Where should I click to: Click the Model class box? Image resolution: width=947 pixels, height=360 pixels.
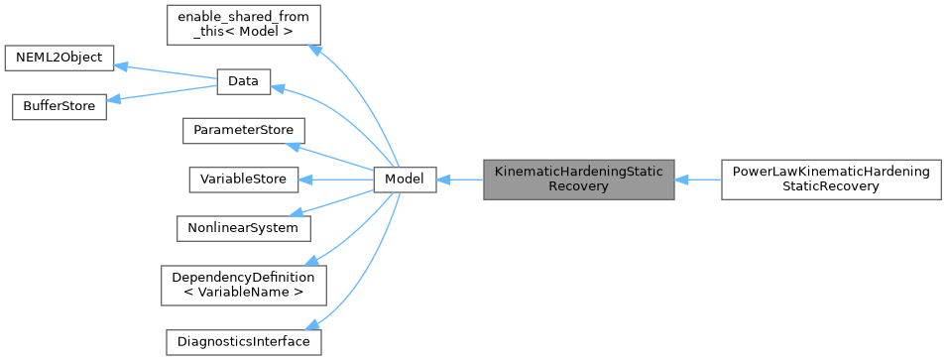405,180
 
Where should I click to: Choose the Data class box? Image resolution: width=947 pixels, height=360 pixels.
243,82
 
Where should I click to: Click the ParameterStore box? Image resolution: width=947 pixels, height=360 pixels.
243,130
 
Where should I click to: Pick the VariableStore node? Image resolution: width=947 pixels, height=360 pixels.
243,180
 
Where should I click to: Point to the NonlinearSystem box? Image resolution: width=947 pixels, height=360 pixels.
243,227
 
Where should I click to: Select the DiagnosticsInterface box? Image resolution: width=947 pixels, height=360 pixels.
243,342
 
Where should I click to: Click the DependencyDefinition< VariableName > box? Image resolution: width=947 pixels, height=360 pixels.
243,285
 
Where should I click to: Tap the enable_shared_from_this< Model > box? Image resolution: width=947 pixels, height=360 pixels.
243,26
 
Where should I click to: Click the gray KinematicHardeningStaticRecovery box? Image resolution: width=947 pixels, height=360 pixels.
578,180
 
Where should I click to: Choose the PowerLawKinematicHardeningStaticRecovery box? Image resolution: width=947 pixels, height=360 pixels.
830,180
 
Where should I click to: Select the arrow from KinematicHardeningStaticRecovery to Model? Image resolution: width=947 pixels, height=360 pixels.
459,180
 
